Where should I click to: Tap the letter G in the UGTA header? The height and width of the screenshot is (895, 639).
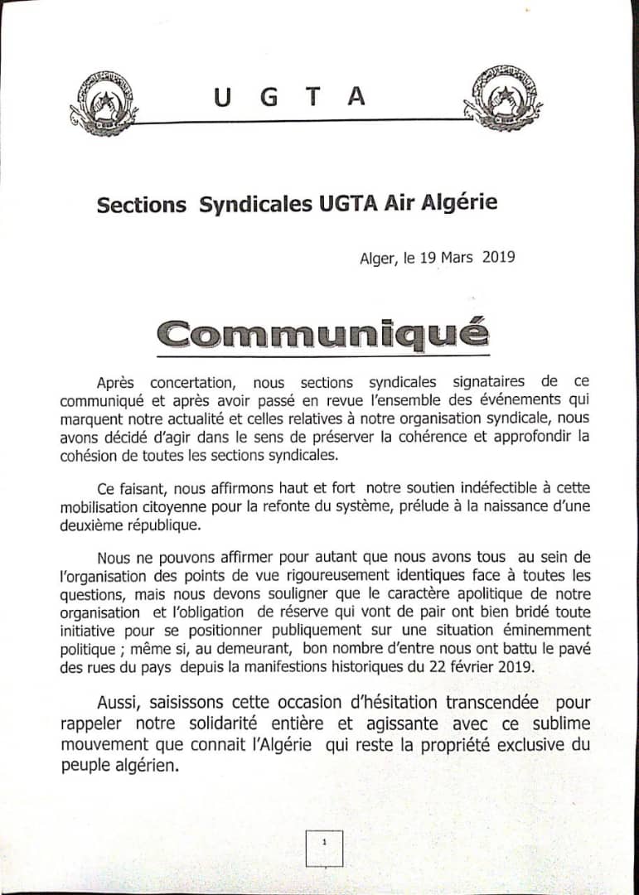(267, 97)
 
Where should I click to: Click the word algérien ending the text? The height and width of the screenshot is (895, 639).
(140, 764)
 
